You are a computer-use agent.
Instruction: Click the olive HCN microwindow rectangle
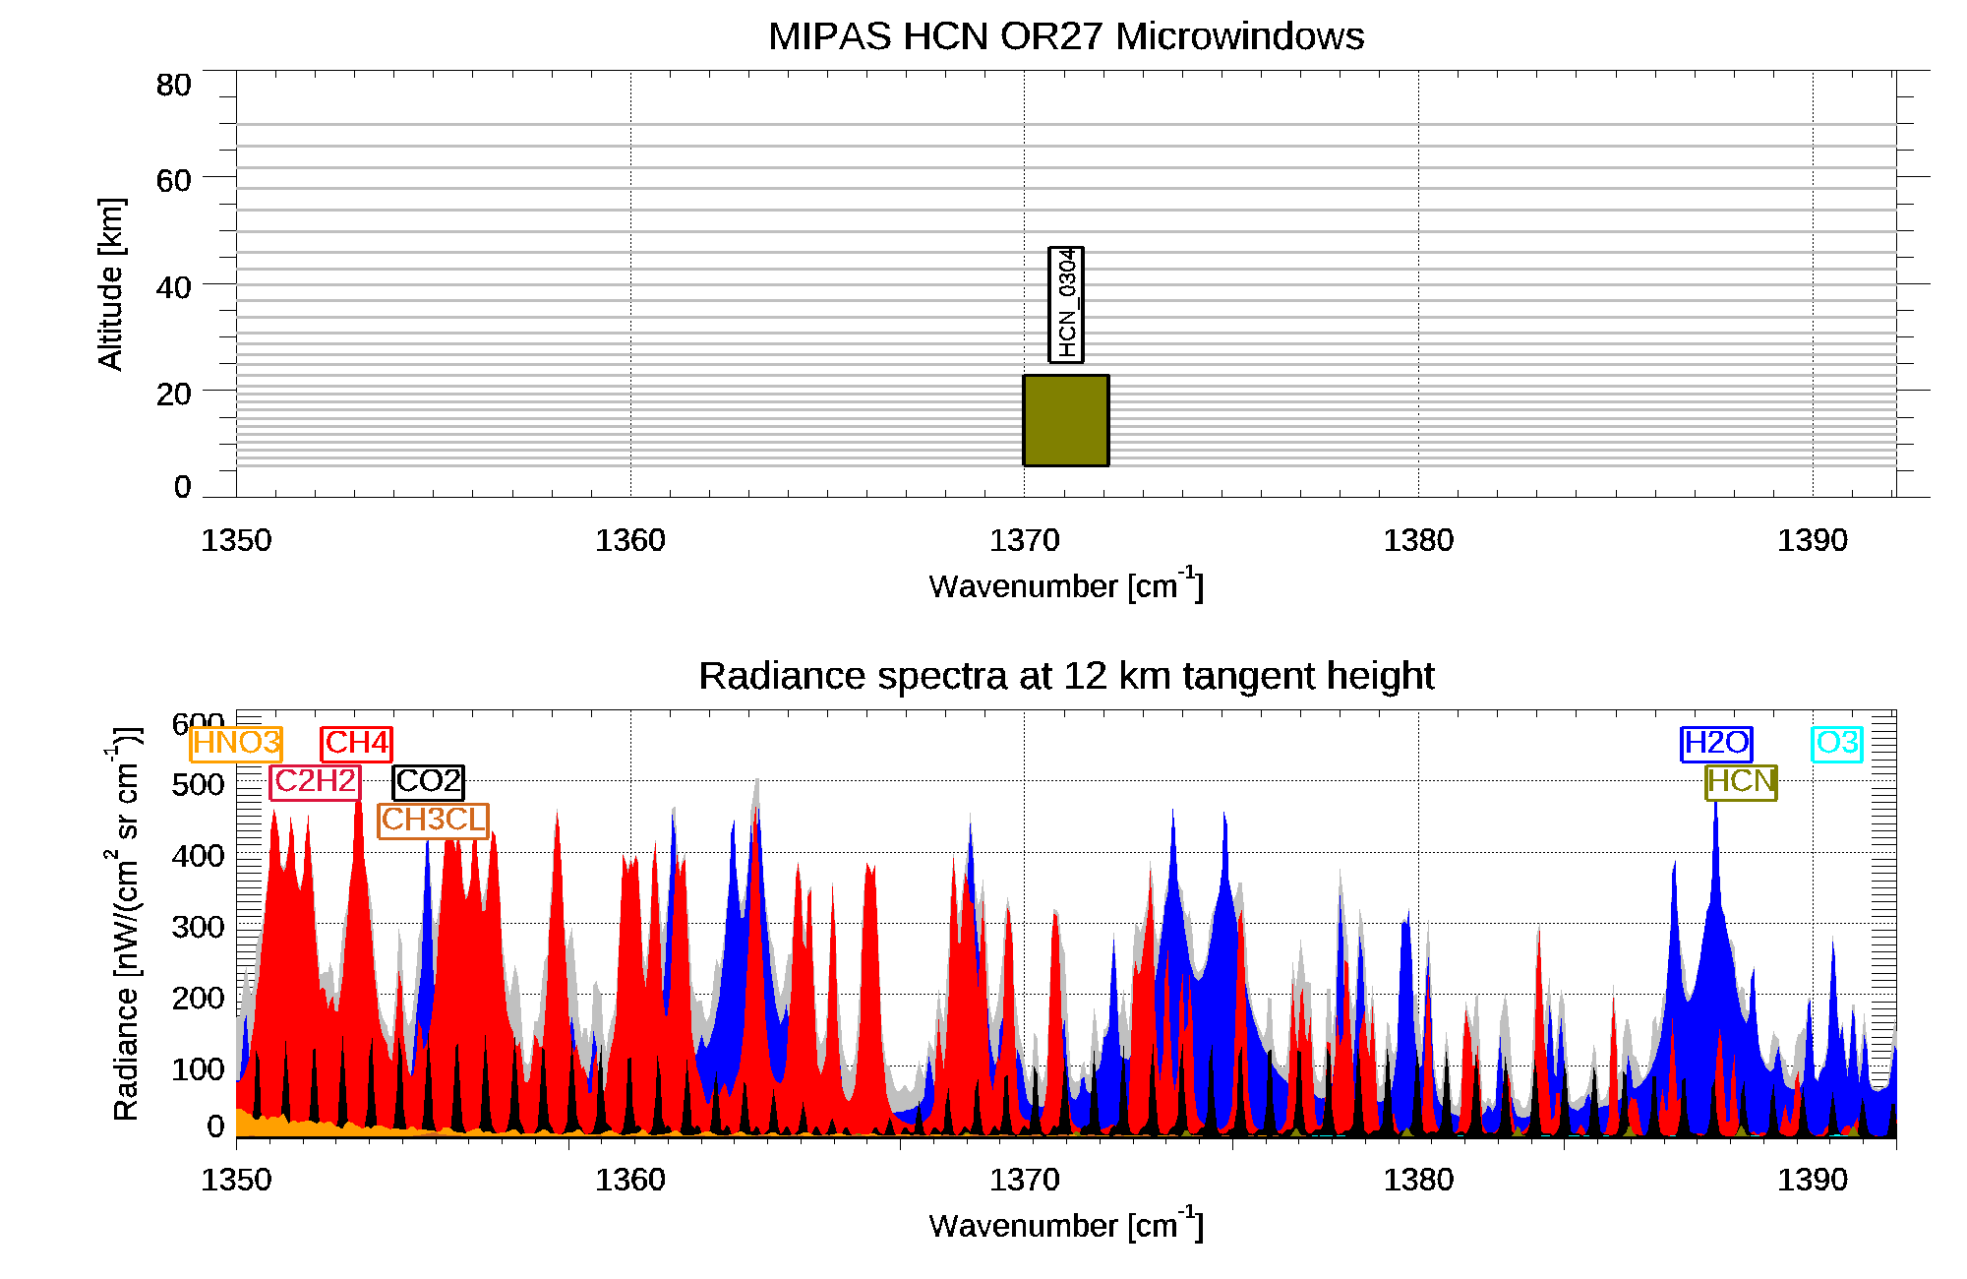(x=1066, y=420)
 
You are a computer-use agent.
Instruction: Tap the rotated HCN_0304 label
(x=1066, y=305)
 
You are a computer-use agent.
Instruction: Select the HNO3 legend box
(x=236, y=744)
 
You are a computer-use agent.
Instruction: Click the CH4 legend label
(x=357, y=744)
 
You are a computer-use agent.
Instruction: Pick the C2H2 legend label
(x=315, y=782)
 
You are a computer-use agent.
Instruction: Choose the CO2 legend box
(x=428, y=782)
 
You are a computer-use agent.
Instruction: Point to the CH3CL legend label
(x=434, y=821)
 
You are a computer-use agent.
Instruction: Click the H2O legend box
(x=1716, y=744)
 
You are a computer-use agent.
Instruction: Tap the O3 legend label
(x=1837, y=744)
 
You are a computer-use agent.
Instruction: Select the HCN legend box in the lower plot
(x=1741, y=782)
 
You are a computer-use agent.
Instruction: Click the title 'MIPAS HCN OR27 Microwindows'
(x=1066, y=36)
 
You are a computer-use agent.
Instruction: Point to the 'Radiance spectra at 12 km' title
(x=1066, y=676)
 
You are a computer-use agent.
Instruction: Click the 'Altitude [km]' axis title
(x=111, y=283)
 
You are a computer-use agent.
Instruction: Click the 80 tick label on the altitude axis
(x=173, y=86)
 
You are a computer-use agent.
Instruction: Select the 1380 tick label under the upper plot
(x=1418, y=540)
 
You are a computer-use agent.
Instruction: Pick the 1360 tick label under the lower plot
(x=630, y=1180)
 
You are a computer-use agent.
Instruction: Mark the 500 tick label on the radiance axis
(x=198, y=785)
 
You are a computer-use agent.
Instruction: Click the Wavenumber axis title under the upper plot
(x=1066, y=585)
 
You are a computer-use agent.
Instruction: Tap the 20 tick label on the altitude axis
(x=173, y=395)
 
